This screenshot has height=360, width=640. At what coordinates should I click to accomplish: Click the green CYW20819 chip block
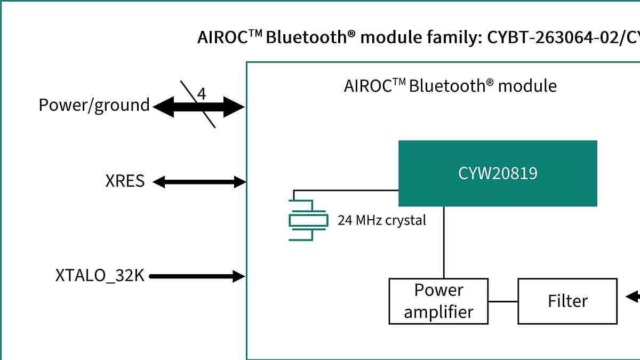pyautogui.click(x=498, y=173)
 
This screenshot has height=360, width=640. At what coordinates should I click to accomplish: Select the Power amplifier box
pyautogui.click(x=438, y=301)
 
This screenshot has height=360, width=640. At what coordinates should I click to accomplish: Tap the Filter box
pyautogui.click(x=567, y=301)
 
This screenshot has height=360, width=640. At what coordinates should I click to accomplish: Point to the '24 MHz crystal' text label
pyautogui.click(x=382, y=220)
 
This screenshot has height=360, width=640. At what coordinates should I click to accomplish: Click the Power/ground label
pyautogui.click(x=94, y=105)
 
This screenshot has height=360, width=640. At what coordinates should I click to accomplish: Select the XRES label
pyautogui.click(x=125, y=181)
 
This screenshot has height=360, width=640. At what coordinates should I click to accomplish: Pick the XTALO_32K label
pyautogui.click(x=100, y=276)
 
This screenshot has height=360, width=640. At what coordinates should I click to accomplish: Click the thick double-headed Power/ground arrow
pyautogui.click(x=198, y=107)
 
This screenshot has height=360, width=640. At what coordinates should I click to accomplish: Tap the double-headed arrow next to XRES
pyautogui.click(x=198, y=182)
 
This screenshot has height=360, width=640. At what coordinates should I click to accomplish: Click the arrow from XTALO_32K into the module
pyautogui.click(x=197, y=276)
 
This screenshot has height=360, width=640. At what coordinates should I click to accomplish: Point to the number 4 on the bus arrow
pyautogui.click(x=202, y=94)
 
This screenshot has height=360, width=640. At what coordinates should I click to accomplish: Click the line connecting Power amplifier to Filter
pyautogui.click(x=503, y=301)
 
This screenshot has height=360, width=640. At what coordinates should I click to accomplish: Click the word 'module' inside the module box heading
pyautogui.click(x=527, y=86)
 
